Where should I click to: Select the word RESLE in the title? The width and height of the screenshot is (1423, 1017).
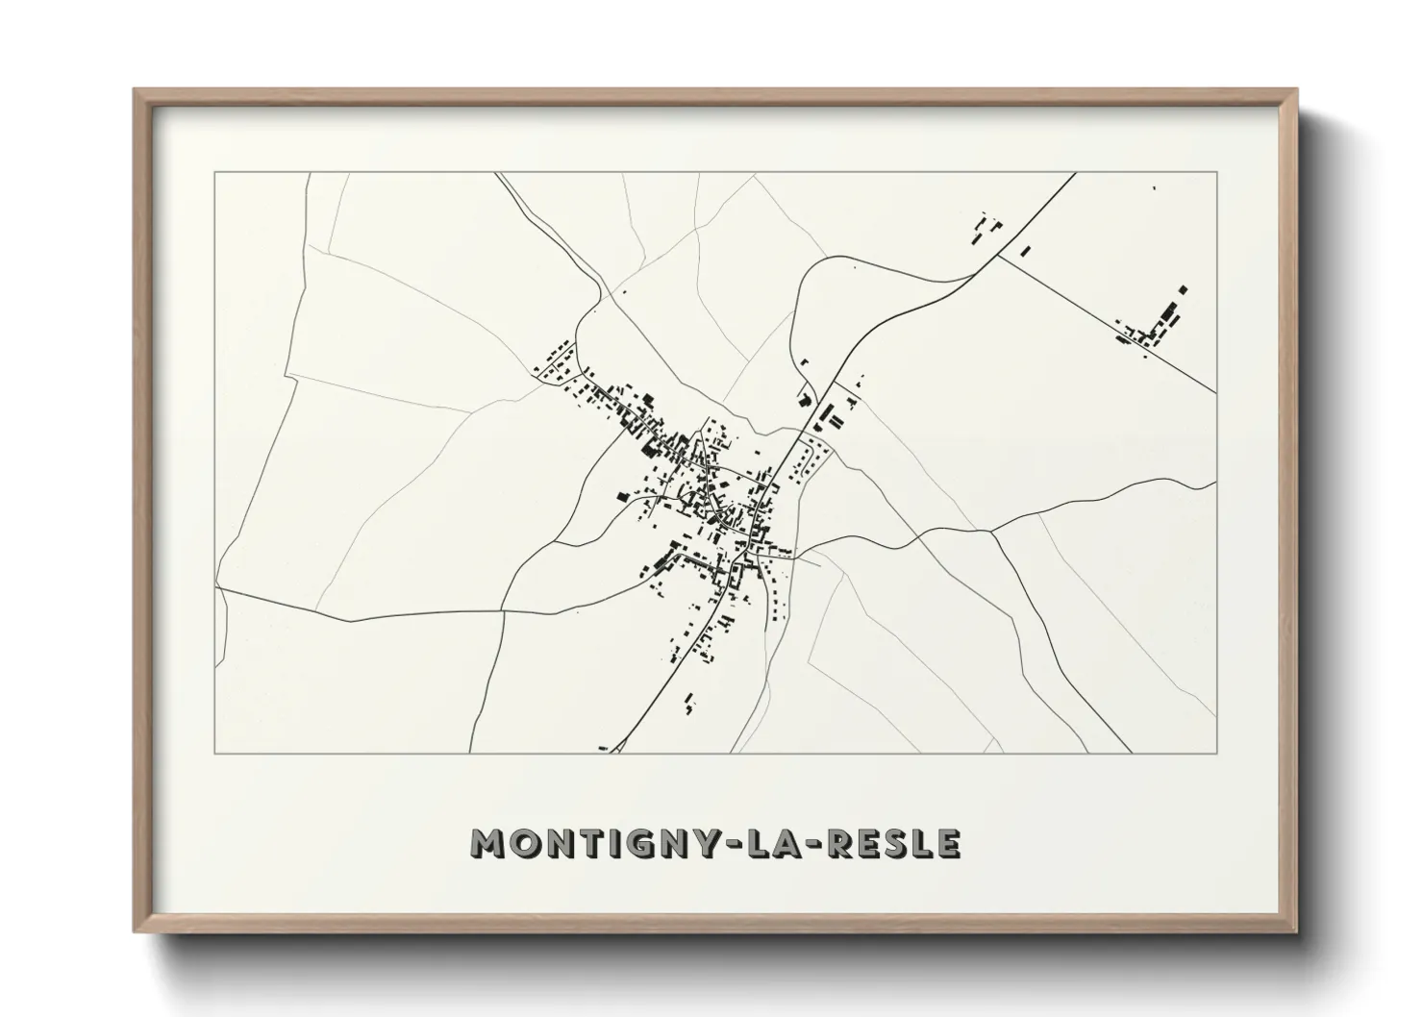(x=894, y=843)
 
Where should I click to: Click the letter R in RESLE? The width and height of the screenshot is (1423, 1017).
(x=840, y=843)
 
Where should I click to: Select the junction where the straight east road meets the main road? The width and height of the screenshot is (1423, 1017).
(x=998, y=256)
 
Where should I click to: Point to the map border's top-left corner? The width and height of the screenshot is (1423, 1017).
(x=214, y=172)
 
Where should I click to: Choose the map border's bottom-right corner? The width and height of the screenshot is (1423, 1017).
(x=1217, y=754)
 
